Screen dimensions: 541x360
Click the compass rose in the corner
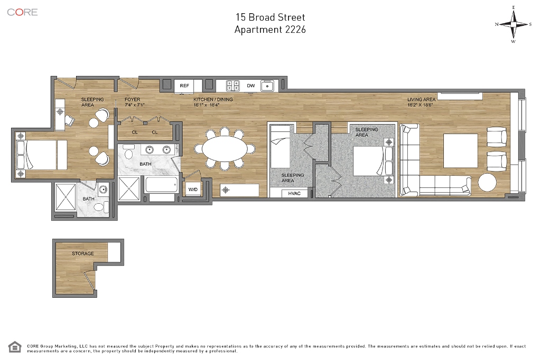[514, 24]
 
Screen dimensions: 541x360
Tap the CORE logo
[22, 12]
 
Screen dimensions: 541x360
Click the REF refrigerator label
[184, 86]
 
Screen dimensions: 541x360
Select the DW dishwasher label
[251, 86]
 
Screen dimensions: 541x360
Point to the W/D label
[193, 190]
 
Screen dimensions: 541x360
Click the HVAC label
[294, 193]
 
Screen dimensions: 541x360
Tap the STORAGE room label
[83, 253]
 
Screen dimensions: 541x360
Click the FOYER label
[133, 99]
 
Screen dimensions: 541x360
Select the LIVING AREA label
[421, 99]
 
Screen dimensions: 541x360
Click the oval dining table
[225, 149]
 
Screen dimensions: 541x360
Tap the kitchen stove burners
[233, 86]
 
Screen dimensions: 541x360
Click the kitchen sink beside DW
[267, 86]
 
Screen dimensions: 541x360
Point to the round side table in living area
[487, 182]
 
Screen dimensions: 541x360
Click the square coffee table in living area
[461, 150]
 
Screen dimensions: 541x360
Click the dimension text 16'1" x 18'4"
[207, 105]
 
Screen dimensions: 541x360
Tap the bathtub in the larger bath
[162, 185]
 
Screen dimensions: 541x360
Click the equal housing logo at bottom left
[14, 347]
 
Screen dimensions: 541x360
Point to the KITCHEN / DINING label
[213, 99]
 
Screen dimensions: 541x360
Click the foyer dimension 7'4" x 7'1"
[135, 105]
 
